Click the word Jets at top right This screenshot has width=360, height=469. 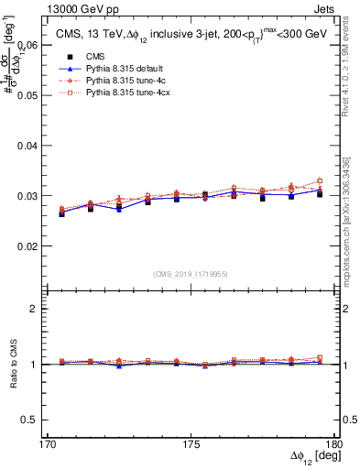point(323,8)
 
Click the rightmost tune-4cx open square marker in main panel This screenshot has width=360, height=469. point(320,180)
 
